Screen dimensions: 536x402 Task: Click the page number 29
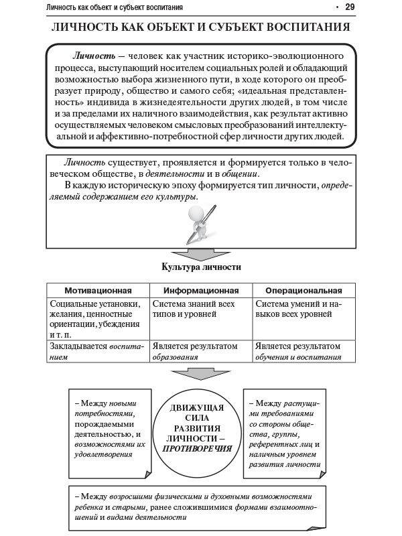[349, 7]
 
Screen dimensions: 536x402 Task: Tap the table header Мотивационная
[97, 291]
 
